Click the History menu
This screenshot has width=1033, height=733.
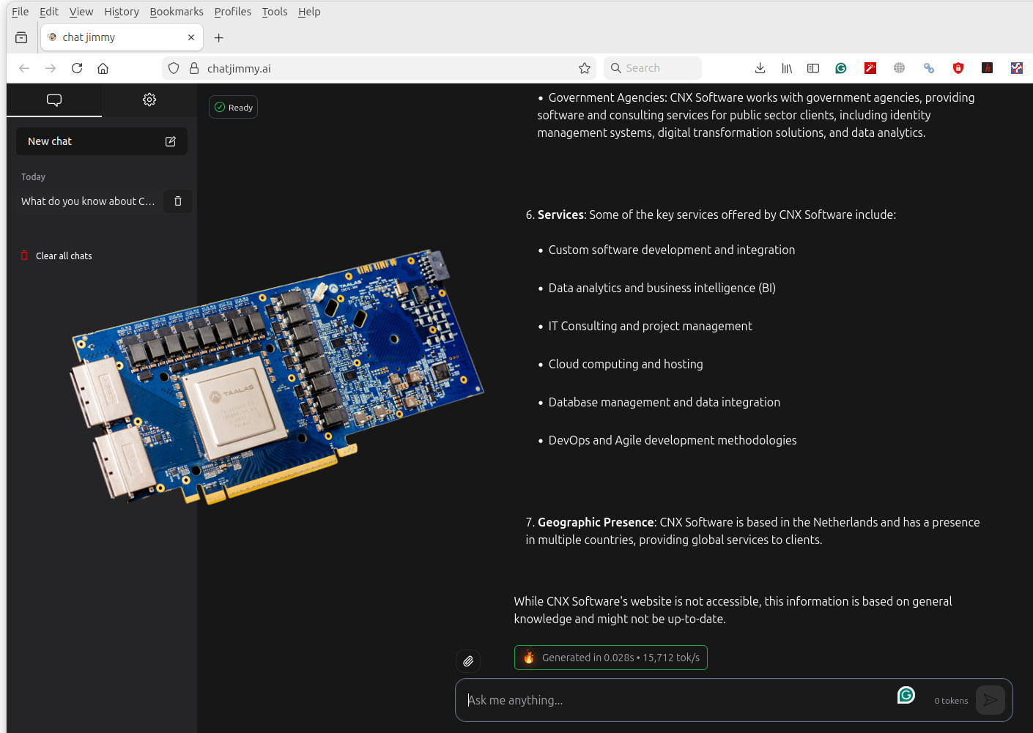pos(121,12)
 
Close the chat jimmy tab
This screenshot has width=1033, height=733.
pos(191,37)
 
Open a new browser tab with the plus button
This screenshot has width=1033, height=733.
pos(218,38)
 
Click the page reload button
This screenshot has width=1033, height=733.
pos(77,68)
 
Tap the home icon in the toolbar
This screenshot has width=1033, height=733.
pos(103,68)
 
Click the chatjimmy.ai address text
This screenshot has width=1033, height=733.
pos(239,68)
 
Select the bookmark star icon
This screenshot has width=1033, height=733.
pos(584,68)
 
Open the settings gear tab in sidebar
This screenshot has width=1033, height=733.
pos(149,100)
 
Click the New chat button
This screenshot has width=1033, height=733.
pos(101,141)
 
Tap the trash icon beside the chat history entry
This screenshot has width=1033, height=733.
pos(177,201)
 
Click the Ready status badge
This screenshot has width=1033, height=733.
pos(233,108)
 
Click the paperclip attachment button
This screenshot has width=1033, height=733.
pos(468,661)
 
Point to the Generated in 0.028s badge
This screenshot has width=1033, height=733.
pos(610,658)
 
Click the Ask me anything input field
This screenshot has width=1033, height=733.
pos(674,700)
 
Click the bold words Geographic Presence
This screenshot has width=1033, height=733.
pos(595,522)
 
